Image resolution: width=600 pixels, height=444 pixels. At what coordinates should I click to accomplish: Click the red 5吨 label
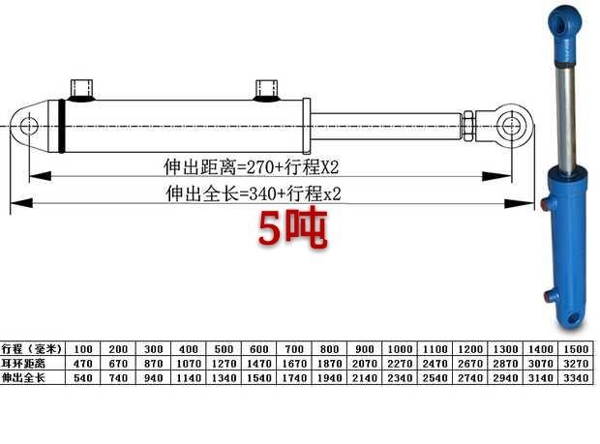coord(292,228)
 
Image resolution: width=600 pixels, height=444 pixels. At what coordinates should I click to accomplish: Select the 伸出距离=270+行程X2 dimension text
coord(252,166)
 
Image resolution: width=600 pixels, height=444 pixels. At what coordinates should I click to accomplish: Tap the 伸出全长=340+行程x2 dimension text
coord(254,193)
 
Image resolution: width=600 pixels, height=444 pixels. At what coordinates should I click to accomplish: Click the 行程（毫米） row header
coord(31,349)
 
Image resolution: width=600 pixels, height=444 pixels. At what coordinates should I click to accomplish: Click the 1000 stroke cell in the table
coord(400,349)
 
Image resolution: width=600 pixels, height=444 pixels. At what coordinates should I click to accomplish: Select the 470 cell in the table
coord(82,364)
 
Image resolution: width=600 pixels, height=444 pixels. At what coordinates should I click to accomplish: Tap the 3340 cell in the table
coord(576,378)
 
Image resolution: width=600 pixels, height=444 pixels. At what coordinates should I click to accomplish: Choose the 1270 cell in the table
coord(224,364)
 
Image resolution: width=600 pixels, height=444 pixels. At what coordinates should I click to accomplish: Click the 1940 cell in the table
coord(329,378)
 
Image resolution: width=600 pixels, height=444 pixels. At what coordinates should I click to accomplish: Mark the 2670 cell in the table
coord(470,364)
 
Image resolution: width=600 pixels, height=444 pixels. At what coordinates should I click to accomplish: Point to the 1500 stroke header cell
coord(576,349)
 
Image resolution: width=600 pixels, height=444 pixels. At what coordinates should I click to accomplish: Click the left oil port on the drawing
coord(82,90)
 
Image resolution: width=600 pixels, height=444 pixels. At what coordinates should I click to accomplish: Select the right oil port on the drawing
coord(266,91)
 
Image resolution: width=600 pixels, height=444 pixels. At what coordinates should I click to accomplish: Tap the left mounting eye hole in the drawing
coord(29,126)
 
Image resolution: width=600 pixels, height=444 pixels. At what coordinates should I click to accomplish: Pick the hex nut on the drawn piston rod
coord(468,126)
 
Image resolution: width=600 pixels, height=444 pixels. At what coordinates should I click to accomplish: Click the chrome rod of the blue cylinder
coord(566,119)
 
